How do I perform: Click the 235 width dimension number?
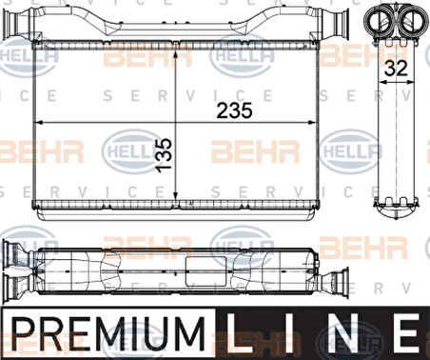pos(234,110)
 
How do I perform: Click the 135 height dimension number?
pos(165,155)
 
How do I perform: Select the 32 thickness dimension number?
pos(396,69)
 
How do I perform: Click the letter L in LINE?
pos(239,333)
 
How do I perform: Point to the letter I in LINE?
pos(288,333)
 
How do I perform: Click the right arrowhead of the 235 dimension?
pos(313,123)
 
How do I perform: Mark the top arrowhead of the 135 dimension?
pos(176,54)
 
